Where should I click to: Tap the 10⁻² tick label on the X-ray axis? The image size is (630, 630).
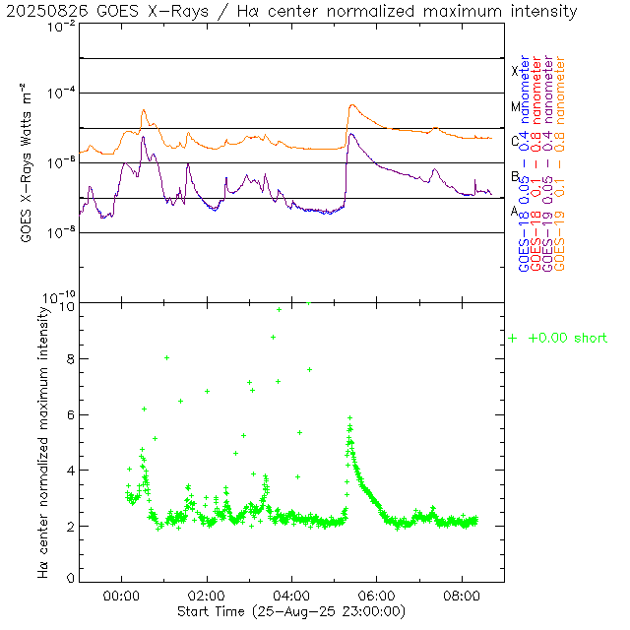[61, 27]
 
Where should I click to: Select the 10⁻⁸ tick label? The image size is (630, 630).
[61, 233]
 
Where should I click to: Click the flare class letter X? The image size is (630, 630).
[515, 71]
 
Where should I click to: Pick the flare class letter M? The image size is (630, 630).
[515, 106]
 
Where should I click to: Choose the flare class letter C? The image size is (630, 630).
[515, 141]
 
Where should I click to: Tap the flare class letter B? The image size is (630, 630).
[515, 176]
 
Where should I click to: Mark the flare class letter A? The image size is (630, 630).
[515, 211]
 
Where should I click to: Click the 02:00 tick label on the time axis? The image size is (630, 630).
[207, 596]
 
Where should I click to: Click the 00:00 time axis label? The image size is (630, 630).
[121, 596]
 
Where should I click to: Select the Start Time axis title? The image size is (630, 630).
[292, 611]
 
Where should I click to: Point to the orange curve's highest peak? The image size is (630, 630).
[350, 105]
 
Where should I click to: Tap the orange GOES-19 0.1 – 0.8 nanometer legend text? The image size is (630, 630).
[560, 163]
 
